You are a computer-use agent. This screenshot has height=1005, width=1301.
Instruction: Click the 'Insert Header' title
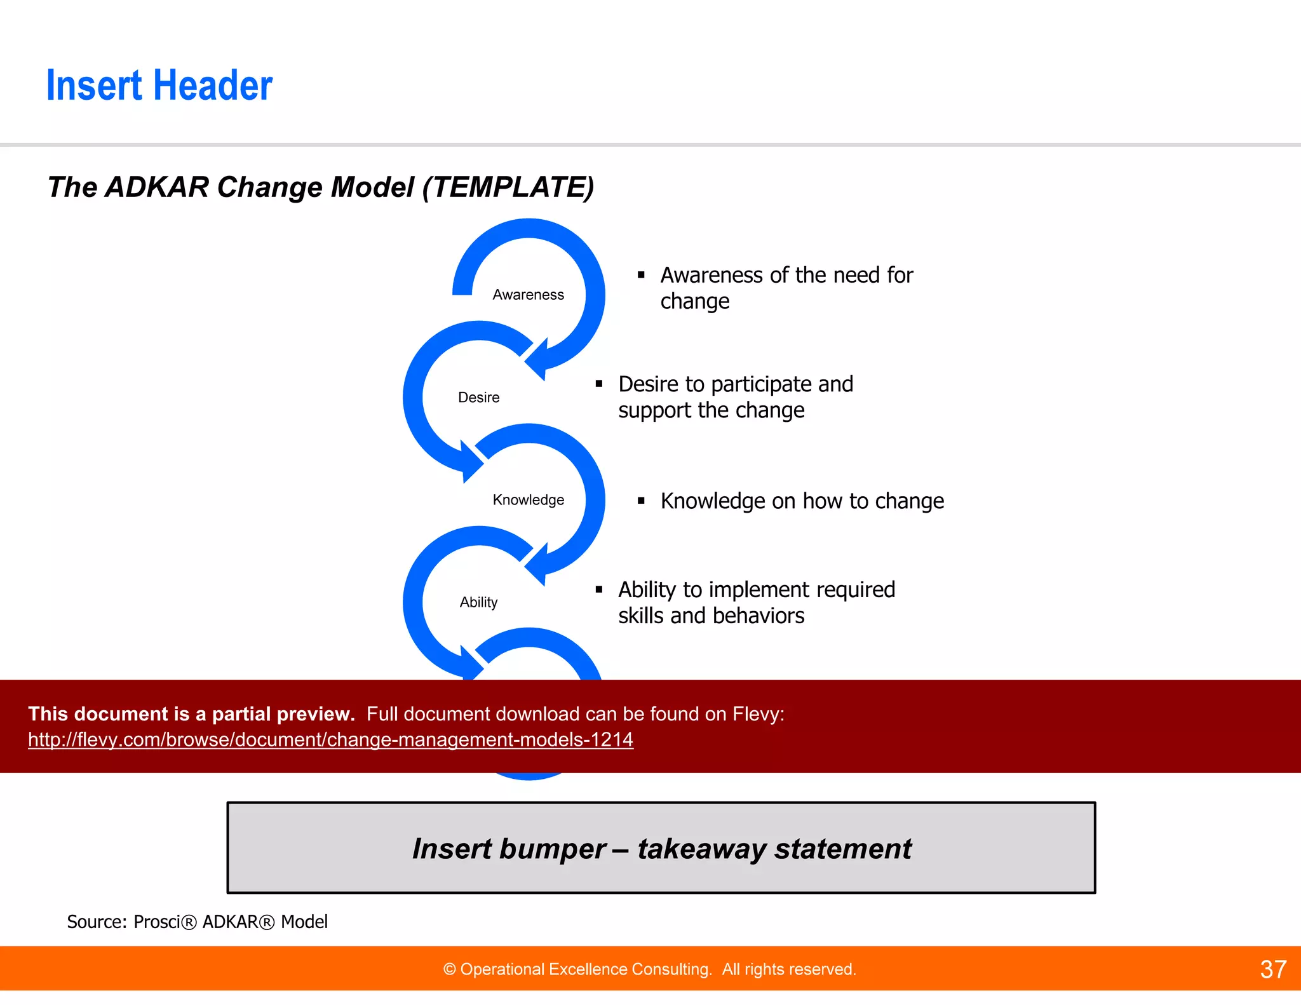click(159, 86)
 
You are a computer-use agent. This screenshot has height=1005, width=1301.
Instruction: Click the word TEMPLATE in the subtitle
click(508, 187)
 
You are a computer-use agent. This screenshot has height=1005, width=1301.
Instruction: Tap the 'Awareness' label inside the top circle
click(528, 295)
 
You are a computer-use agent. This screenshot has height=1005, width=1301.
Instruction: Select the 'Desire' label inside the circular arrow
click(478, 398)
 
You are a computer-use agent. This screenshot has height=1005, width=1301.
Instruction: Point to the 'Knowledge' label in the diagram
click(528, 500)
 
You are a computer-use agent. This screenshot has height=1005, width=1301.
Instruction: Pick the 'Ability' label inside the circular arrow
click(478, 602)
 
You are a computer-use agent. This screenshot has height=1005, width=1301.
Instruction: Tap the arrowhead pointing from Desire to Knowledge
click(471, 462)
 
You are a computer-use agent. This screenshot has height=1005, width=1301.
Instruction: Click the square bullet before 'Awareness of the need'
click(641, 275)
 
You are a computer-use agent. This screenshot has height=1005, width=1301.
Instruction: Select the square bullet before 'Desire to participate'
click(598, 384)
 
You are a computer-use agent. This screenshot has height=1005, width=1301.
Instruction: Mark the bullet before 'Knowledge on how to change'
click(641, 501)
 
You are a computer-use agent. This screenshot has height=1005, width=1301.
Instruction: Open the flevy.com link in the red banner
click(330, 739)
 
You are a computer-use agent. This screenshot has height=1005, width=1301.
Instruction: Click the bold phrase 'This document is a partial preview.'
click(191, 714)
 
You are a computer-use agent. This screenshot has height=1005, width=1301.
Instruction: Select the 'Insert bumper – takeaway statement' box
click(661, 848)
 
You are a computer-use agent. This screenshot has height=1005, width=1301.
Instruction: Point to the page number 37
click(1273, 969)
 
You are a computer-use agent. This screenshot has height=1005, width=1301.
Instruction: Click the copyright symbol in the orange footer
click(450, 969)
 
